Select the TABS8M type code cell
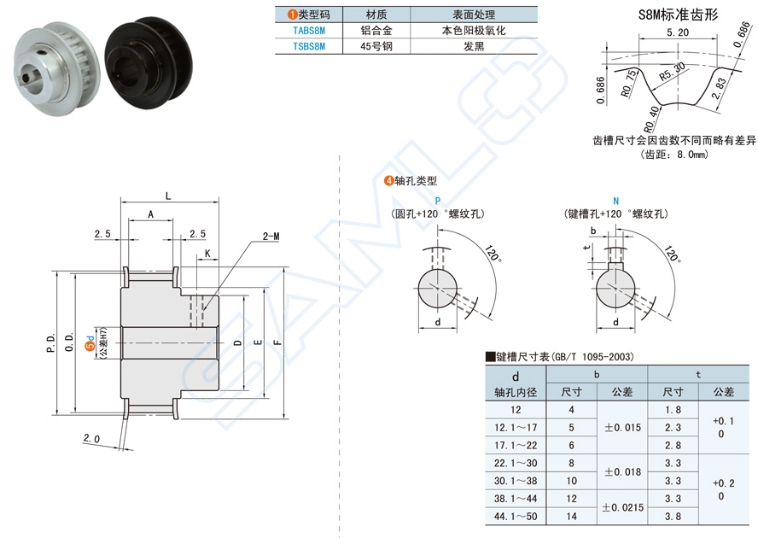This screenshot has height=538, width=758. click(308, 30)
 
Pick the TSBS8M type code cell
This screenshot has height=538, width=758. click(308, 46)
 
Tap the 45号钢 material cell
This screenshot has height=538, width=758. click(376, 46)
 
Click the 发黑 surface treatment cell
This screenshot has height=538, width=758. click(474, 46)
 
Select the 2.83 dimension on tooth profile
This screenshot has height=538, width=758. click(724, 88)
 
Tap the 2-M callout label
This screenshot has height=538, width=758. click(271, 235)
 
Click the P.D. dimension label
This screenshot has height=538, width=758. click(51, 342)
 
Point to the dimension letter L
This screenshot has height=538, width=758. click(167, 196)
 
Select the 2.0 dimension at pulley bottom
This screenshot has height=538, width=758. click(92, 439)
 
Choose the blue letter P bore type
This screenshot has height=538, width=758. click(438, 200)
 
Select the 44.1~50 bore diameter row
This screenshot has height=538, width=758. click(515, 516)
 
